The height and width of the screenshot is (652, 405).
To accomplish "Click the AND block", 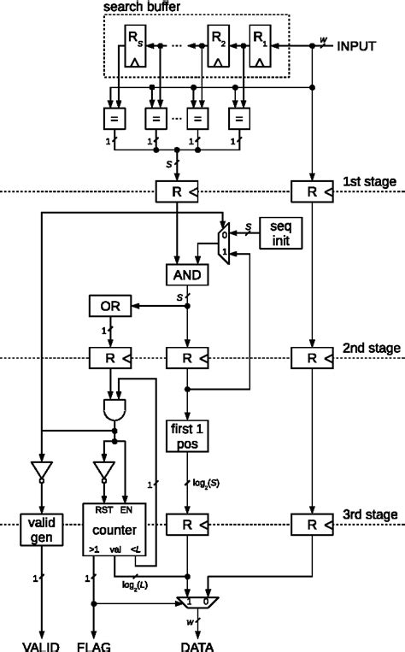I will [188, 274].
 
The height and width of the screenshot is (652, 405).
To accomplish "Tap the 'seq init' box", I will [281, 231].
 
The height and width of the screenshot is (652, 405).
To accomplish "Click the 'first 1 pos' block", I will [188, 436].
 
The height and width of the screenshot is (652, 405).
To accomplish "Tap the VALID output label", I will [38, 645].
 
